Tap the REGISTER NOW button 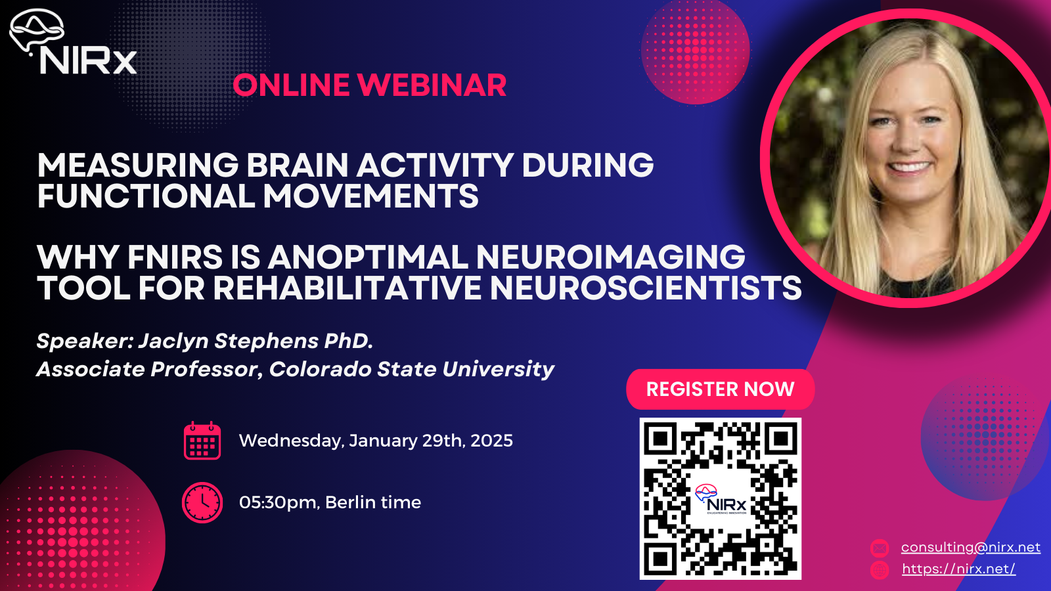(x=720, y=389)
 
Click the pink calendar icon (x=202, y=441)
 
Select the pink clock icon (x=202, y=502)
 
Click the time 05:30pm (x=279, y=502)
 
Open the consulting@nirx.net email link (x=970, y=547)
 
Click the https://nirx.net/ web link (x=958, y=569)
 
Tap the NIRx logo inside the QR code (x=721, y=500)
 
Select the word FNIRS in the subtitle (x=175, y=257)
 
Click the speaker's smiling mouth (x=909, y=167)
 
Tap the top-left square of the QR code (x=660, y=439)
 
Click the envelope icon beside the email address (x=880, y=548)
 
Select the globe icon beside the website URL (x=880, y=569)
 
